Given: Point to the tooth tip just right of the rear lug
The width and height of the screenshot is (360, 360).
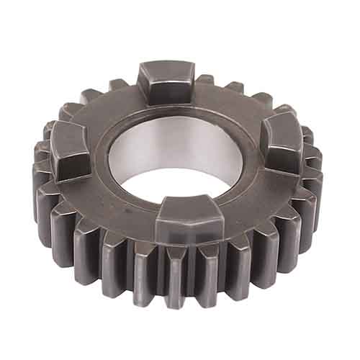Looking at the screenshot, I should tap(206, 78).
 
